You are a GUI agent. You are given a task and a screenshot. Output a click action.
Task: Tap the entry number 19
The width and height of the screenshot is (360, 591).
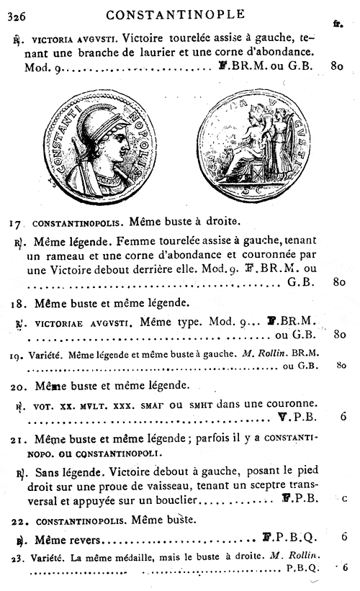(17, 353)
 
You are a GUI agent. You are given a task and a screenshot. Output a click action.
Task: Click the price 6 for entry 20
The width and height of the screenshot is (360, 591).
(343, 416)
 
